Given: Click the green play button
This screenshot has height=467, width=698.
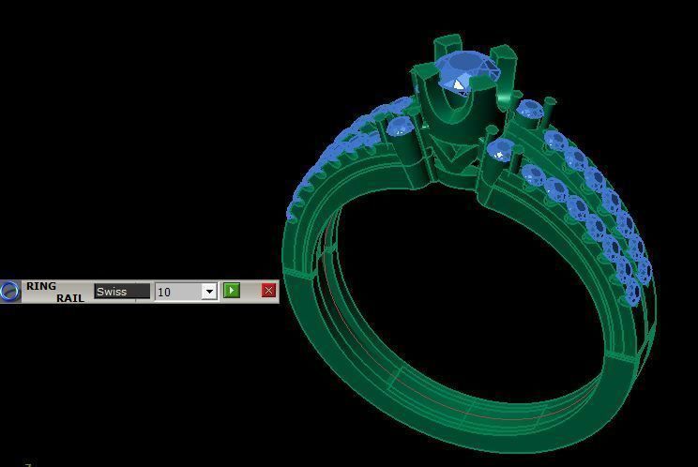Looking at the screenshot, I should click(232, 291).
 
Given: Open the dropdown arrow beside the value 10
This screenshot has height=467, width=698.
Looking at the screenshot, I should click(209, 292).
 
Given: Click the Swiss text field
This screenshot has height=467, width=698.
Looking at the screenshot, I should click(121, 292).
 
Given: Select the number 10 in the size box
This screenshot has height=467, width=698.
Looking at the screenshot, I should click(177, 292).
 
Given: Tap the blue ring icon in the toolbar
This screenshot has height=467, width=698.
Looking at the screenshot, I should click(10, 292).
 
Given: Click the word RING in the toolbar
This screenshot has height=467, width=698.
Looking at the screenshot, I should click(41, 286).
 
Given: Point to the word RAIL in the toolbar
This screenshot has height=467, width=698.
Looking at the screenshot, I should click(68, 298).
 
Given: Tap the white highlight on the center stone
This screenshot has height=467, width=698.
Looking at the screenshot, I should click(458, 85).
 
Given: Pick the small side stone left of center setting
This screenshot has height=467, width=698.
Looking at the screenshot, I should click(401, 127).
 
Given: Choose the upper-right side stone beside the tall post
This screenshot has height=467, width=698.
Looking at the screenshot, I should click(530, 110).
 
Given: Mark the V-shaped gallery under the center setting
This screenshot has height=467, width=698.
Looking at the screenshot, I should click(455, 159).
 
